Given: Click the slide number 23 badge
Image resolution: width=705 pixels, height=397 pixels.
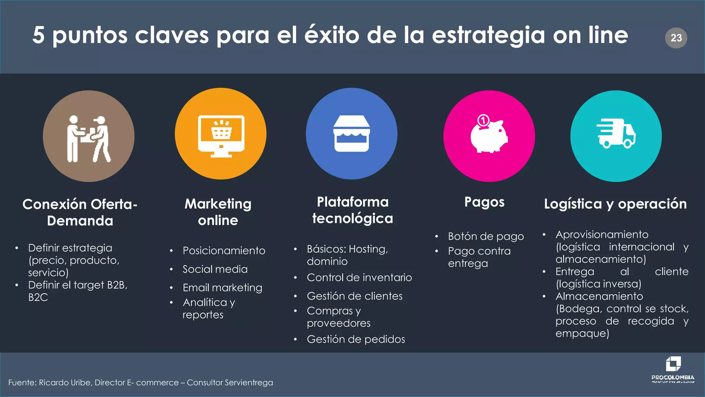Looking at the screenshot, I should point(676,38).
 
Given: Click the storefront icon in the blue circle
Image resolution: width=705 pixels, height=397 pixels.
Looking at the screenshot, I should point(351,134).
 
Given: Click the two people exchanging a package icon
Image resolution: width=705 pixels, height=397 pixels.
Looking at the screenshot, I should point(88,139).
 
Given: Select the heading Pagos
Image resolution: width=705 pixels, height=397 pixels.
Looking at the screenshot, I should point(484,202).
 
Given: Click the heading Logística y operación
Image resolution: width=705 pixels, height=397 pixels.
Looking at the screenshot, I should point(615,204).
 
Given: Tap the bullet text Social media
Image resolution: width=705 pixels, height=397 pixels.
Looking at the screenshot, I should point(215,269).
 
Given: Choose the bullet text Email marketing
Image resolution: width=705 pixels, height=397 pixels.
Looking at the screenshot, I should point(222,287).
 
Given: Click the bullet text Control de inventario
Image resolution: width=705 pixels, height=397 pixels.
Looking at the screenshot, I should point(359,277).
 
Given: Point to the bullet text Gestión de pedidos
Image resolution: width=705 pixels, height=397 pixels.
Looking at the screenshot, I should point(356,339).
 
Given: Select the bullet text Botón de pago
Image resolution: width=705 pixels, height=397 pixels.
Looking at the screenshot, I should point(486,236).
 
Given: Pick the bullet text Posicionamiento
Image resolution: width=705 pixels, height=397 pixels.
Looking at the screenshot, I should point(224,251).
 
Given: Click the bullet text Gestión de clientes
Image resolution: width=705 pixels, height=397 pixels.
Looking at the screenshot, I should point(355,296).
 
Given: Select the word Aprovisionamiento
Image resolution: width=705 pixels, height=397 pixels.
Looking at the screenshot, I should point(602,235).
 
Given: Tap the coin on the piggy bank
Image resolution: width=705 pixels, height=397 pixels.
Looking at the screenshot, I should point(483,121).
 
